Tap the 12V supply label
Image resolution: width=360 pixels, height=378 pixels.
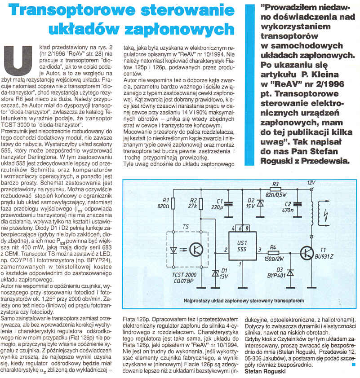(x=311, y=183)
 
